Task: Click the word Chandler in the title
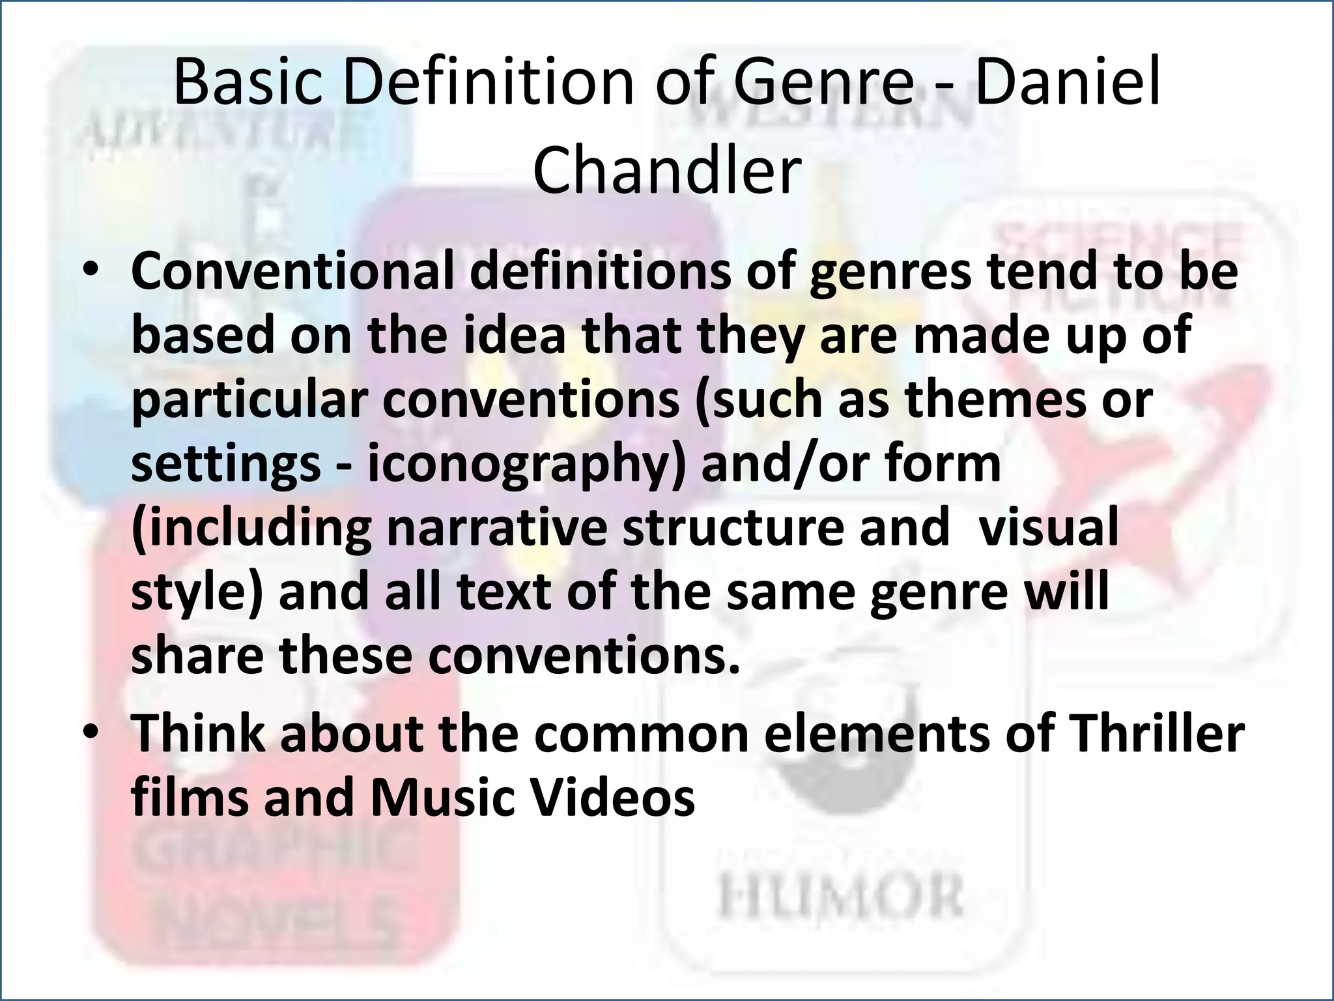point(666,171)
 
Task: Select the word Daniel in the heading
point(1068,83)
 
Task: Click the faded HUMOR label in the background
point(840,898)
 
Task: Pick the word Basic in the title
point(248,83)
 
